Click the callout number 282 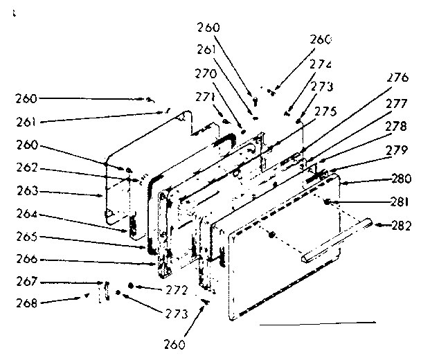coord(401,225)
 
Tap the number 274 coord(321,64)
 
